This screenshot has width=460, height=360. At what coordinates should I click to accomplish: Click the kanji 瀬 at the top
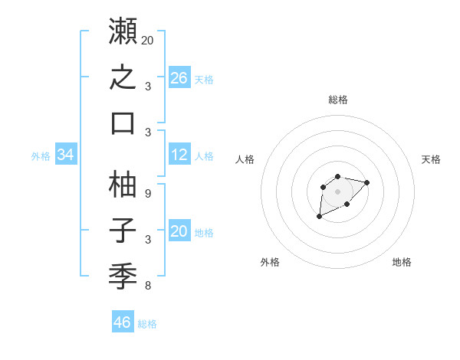(x=123, y=31)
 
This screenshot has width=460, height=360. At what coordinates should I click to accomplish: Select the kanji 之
(x=123, y=77)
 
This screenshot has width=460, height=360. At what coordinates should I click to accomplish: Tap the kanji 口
(x=123, y=124)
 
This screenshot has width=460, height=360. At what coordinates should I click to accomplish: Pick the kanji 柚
(x=123, y=184)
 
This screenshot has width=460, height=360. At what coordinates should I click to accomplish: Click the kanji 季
(x=123, y=277)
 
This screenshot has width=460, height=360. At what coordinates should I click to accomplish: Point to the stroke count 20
(x=147, y=41)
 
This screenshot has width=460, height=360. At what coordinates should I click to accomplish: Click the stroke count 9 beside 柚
(x=148, y=194)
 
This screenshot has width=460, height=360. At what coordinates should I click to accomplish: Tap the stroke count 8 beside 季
(x=148, y=286)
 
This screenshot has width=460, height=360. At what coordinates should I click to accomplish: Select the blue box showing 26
(x=179, y=77)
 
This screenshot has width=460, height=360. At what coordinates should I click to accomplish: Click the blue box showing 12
(x=179, y=154)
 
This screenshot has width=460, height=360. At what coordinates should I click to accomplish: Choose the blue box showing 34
(x=66, y=154)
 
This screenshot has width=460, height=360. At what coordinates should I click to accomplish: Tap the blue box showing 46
(x=123, y=321)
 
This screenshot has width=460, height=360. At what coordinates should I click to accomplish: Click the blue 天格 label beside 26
(x=204, y=80)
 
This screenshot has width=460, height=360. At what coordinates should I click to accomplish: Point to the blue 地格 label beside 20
(x=204, y=233)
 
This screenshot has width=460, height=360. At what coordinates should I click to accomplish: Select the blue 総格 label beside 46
(x=147, y=324)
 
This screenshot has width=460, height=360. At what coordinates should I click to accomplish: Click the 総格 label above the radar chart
(x=338, y=100)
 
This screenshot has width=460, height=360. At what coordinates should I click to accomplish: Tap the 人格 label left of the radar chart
(x=245, y=159)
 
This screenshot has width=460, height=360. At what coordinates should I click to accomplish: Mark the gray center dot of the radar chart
(x=337, y=191)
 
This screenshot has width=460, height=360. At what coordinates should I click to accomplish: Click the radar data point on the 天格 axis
(x=366, y=182)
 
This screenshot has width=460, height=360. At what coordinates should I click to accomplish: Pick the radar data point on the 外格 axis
(x=320, y=216)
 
